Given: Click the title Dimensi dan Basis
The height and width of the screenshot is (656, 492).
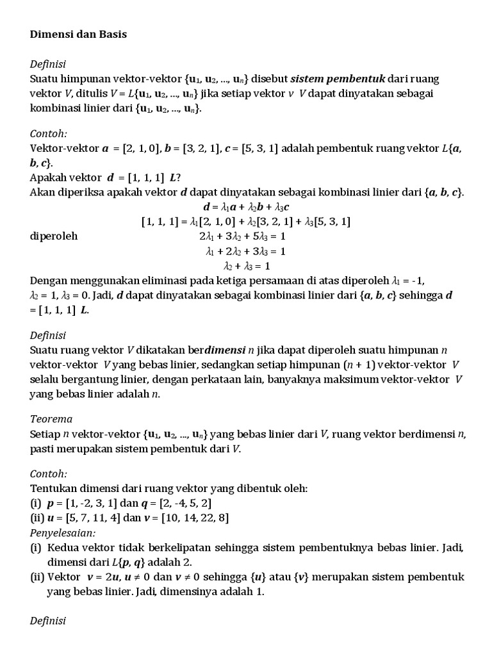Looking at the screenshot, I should coord(79,35).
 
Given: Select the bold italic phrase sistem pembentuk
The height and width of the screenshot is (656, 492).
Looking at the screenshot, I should coord(338,79).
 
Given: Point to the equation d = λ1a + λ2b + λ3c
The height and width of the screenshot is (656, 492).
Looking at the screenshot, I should coord(245,207).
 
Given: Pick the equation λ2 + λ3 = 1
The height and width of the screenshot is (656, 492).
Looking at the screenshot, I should coord(246,265).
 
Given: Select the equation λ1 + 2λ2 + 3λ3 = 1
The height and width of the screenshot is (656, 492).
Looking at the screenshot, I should coord(245,250).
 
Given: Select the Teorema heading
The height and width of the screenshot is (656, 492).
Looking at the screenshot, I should coord(51,419).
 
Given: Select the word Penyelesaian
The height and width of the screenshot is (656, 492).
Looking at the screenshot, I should coord(63,532).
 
